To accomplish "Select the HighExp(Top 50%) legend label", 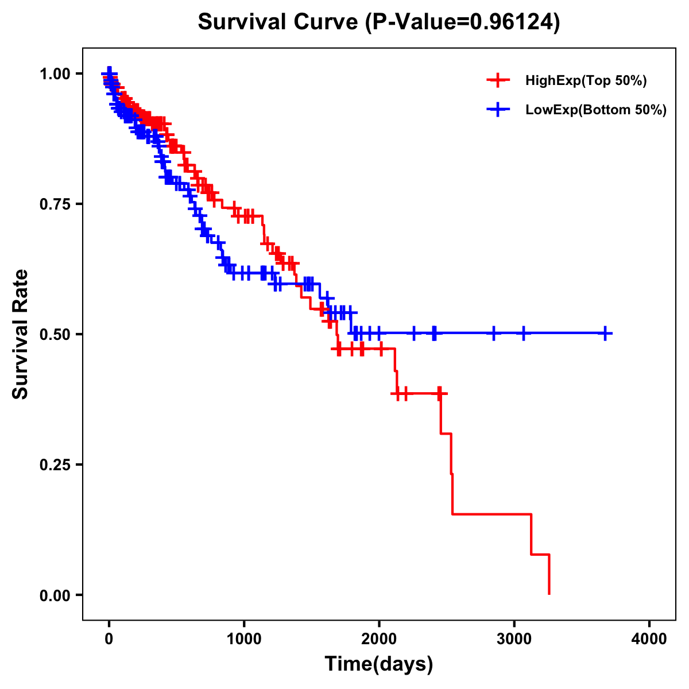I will pos(586,81).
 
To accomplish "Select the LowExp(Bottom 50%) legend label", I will pos(596,110).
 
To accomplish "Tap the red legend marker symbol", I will pos(498,80).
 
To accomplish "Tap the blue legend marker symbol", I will pos(498,110).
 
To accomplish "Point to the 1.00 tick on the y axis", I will pos(56,73).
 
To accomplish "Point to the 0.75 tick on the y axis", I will pos(56,204).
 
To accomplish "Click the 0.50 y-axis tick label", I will pos(56,334).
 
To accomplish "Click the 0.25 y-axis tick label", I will pos(56,465).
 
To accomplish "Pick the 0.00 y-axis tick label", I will pos(56,595).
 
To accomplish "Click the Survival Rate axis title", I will pos(21,334).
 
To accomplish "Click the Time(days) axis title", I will pos(379,664).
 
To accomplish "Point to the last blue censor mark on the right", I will pos(605,333).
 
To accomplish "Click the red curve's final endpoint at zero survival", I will pos(549,594).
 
